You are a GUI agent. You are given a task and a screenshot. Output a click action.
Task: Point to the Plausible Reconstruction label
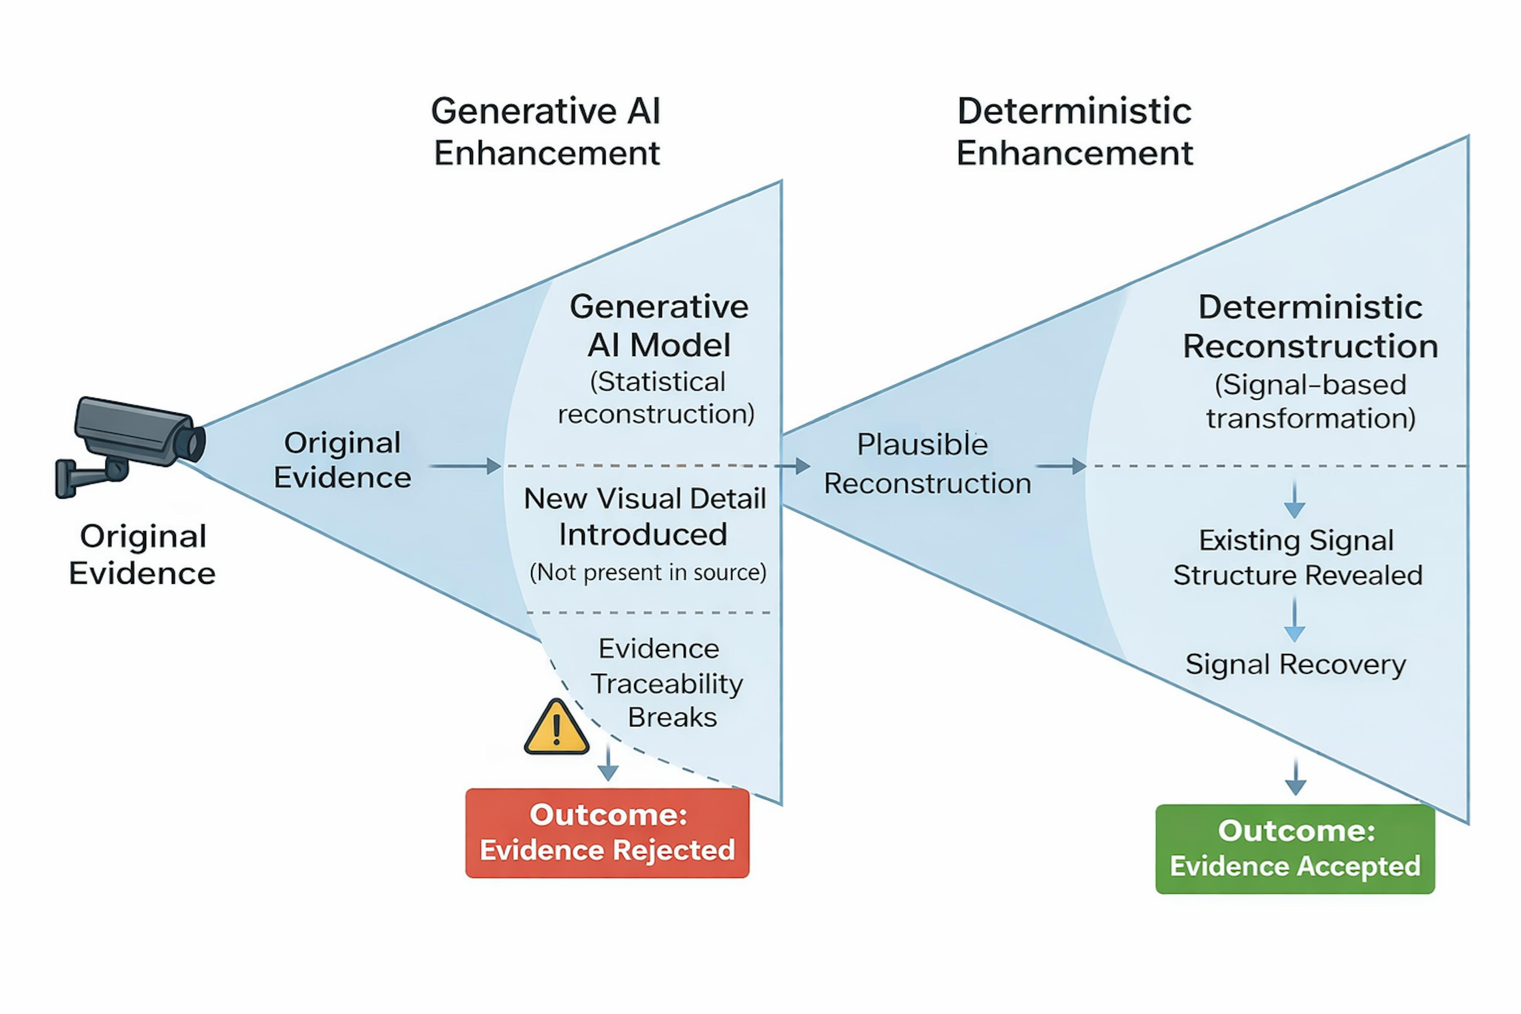point(926,464)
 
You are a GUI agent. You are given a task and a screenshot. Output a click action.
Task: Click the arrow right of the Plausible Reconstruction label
point(1061,466)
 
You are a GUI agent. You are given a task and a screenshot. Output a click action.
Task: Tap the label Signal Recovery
point(1295,664)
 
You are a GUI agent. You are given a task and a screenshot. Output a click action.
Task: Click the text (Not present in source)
point(647,572)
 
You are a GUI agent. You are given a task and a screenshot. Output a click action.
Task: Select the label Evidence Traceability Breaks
point(666,683)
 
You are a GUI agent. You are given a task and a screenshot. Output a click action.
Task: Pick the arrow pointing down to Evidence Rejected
point(608,763)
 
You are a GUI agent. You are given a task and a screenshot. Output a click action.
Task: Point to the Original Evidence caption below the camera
point(142,555)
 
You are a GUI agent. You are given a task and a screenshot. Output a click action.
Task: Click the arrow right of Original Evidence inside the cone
point(466,466)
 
